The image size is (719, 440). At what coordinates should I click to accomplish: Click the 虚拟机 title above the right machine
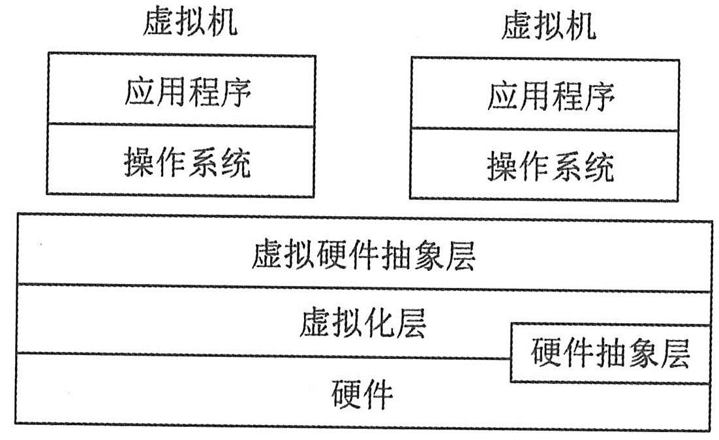click(548, 27)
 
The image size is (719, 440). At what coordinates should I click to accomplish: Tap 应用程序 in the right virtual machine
click(551, 97)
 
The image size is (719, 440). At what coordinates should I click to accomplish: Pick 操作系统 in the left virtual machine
click(187, 163)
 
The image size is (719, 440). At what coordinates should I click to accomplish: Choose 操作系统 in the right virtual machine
click(551, 167)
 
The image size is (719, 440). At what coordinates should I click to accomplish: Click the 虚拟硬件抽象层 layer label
click(363, 257)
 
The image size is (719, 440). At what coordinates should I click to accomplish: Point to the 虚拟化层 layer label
click(363, 323)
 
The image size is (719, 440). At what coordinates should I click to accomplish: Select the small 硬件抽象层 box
click(610, 353)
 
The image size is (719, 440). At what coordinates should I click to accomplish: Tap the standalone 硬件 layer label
click(363, 394)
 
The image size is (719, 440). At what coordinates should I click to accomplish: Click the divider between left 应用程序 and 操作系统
click(181, 125)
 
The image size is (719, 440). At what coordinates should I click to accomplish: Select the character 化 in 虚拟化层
click(379, 323)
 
